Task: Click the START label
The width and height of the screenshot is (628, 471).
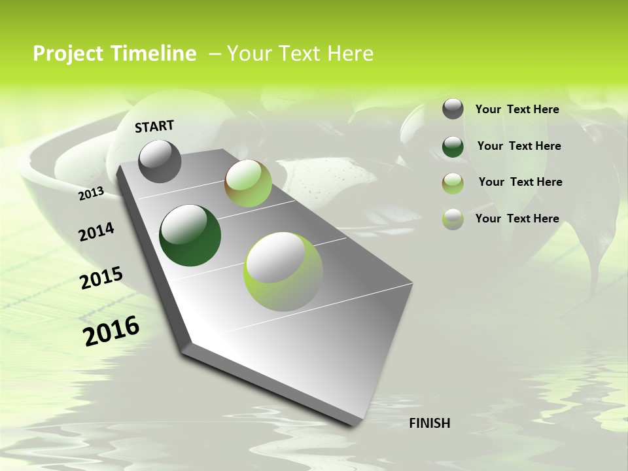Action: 154,126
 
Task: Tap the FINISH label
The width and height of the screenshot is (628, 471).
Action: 429,423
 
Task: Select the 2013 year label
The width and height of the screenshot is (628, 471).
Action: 92,193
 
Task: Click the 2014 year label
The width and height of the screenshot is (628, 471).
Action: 96,232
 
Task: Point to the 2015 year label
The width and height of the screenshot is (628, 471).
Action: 101,278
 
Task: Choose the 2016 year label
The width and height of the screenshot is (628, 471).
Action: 111,330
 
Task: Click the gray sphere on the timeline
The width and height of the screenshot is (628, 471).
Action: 160,161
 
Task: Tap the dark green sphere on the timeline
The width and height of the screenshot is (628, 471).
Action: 190,235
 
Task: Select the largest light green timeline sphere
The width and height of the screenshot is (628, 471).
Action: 283,271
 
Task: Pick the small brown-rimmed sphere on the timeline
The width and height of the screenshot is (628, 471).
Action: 248,183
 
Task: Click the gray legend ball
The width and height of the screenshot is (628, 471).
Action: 453,109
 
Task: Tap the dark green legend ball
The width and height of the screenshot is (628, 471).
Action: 453,146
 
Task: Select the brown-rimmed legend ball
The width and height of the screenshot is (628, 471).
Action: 453,183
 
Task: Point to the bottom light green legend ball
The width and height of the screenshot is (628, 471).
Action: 453,218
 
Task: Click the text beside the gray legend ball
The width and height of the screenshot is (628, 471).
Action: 517,109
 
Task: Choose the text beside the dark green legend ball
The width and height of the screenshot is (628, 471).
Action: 519,146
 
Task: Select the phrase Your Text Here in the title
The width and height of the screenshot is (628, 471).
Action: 300,54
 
